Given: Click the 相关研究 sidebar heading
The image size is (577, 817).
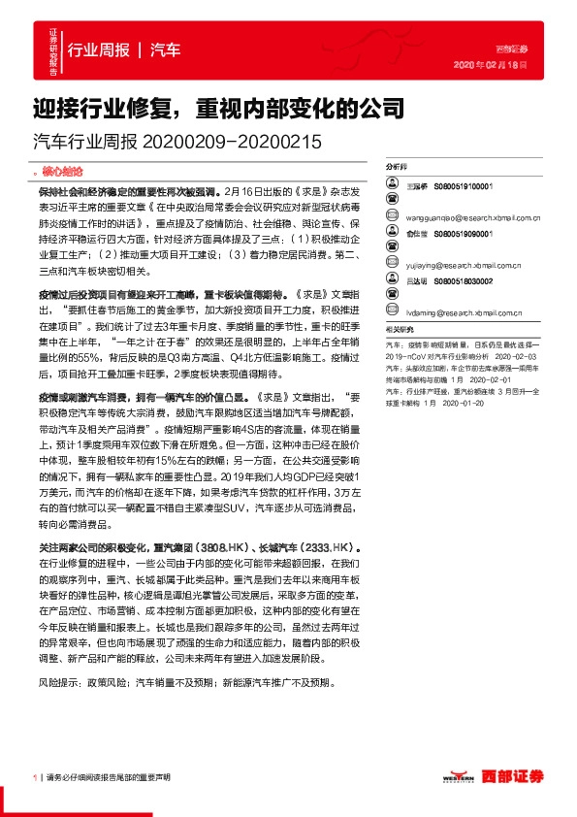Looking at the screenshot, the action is [x=399, y=330].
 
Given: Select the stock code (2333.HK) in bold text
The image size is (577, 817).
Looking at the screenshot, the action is [x=338, y=547].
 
